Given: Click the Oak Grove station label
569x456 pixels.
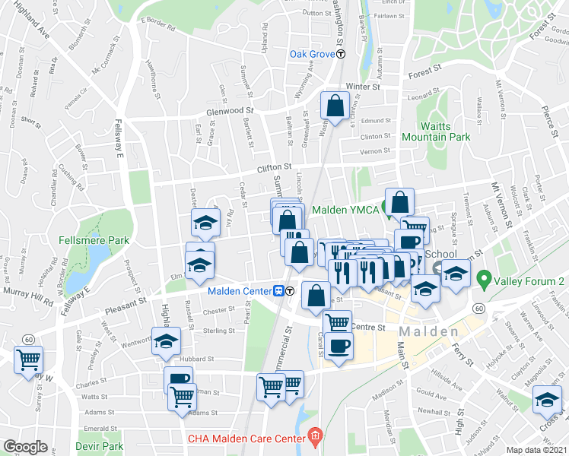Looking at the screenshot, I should click(313, 54).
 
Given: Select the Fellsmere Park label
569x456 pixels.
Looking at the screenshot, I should click(94, 241).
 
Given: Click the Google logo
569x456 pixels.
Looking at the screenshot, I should click(25, 447).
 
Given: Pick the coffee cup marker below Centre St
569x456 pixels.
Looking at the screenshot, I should click(339, 346).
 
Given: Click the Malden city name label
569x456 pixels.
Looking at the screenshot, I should click(429, 332).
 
